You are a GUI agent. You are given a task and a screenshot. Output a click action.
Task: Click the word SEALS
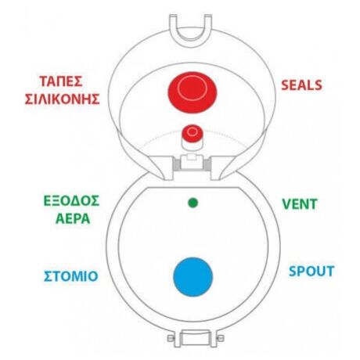(x=301, y=85)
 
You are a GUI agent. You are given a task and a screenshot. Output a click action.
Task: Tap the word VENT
(x=300, y=204)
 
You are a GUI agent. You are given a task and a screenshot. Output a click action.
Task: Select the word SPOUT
(x=311, y=271)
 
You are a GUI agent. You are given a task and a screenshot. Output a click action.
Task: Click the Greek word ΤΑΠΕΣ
(x=61, y=81)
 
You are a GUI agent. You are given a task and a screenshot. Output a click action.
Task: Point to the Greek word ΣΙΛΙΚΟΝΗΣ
(x=62, y=99)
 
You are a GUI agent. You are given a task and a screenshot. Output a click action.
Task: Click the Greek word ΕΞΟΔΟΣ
(x=71, y=201)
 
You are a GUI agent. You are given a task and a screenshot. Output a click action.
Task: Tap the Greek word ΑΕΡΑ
(x=73, y=218)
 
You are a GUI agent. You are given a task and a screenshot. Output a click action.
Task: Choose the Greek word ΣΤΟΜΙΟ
(x=70, y=276)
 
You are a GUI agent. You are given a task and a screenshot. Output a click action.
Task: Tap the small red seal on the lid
(x=193, y=133)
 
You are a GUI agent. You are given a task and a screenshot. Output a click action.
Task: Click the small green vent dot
(x=193, y=203)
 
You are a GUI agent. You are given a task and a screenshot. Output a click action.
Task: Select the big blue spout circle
(x=193, y=277)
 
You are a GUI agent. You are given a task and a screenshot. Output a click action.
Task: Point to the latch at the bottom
(x=196, y=338)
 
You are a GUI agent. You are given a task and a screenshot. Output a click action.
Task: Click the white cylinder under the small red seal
(x=192, y=145)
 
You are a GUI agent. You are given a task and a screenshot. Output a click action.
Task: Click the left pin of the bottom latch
(x=171, y=338)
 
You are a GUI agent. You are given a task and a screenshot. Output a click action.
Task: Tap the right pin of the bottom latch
(x=220, y=338)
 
